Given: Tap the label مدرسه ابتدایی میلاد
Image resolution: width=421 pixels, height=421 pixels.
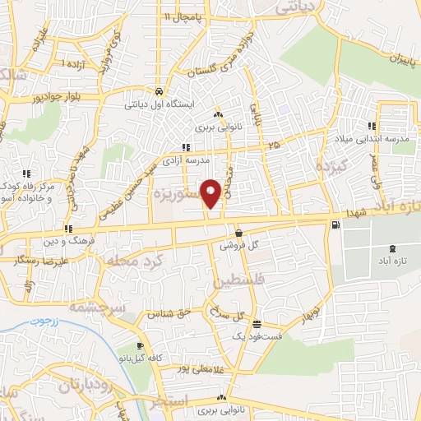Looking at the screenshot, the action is [x=372, y=140].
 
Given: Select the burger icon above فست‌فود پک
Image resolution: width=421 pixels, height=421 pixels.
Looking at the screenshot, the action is [x=257, y=324].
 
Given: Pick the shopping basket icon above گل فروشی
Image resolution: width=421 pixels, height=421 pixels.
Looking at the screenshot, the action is [x=238, y=233].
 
